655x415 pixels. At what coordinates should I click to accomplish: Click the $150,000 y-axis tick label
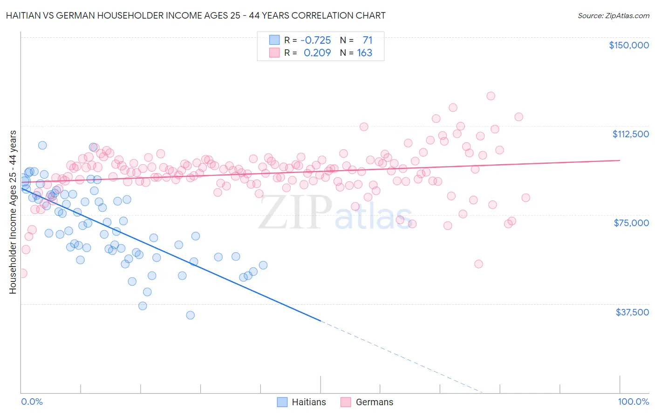pos(628,45)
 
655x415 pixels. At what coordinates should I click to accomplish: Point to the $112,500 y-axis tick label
pos(630,134)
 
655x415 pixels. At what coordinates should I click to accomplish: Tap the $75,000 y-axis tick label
pos(631,223)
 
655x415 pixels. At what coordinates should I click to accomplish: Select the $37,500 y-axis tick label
pos(632,312)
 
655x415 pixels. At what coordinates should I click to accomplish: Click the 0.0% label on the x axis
pos(32,402)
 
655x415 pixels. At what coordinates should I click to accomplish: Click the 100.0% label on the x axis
pos(633,402)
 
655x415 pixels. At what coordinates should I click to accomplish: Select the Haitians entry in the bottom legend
pos(301,402)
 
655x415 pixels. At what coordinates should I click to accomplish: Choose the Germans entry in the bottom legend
pos(367,402)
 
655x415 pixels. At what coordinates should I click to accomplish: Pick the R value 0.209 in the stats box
pos(317,53)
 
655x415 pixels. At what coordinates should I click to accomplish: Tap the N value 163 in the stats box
pos(364,53)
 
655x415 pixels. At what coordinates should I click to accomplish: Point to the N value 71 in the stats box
pos(367,40)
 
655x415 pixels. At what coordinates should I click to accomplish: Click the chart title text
pos(195,15)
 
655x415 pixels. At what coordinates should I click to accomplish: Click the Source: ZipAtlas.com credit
pos(613,15)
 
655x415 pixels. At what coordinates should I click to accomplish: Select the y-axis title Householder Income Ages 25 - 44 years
pos(13,212)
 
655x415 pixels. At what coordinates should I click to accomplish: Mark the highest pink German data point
pos(491,96)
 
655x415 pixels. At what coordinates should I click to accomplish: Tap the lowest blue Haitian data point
pos(190,315)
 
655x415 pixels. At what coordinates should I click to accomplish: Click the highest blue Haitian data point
pos(42,145)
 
